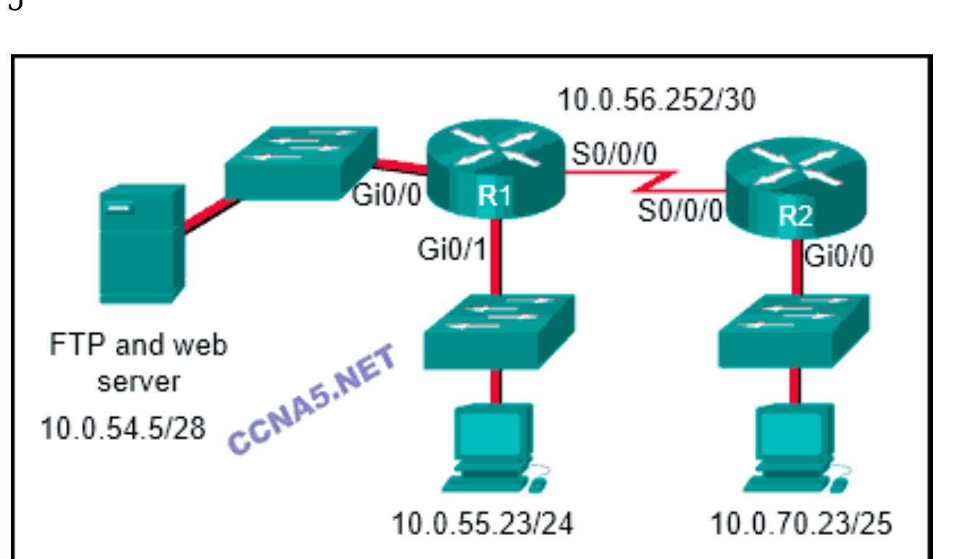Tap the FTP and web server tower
click(141, 243)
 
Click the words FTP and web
click(138, 345)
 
